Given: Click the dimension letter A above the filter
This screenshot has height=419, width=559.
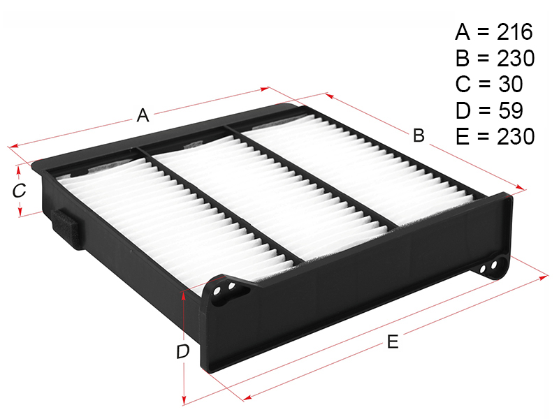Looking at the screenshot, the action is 143,115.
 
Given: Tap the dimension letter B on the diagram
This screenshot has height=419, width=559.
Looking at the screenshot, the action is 419,135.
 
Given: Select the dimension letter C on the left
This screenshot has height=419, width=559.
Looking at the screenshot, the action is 19,191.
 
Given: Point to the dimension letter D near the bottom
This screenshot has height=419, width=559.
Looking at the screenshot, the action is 183,352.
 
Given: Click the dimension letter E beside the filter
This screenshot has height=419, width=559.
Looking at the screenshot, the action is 393,342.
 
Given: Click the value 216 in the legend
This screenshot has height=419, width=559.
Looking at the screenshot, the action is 515,31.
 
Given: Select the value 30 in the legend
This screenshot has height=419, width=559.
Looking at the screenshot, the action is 510,84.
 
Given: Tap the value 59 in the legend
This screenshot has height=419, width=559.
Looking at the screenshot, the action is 510,110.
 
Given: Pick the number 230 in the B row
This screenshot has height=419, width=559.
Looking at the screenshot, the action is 516,58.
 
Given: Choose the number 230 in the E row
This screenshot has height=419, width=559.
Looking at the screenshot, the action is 516,136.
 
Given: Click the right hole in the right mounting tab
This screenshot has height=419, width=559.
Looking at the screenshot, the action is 494,265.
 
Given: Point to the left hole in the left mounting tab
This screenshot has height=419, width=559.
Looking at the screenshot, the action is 217,291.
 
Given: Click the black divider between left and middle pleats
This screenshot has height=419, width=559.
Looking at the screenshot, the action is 221,205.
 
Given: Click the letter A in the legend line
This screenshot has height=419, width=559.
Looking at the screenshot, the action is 463,31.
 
